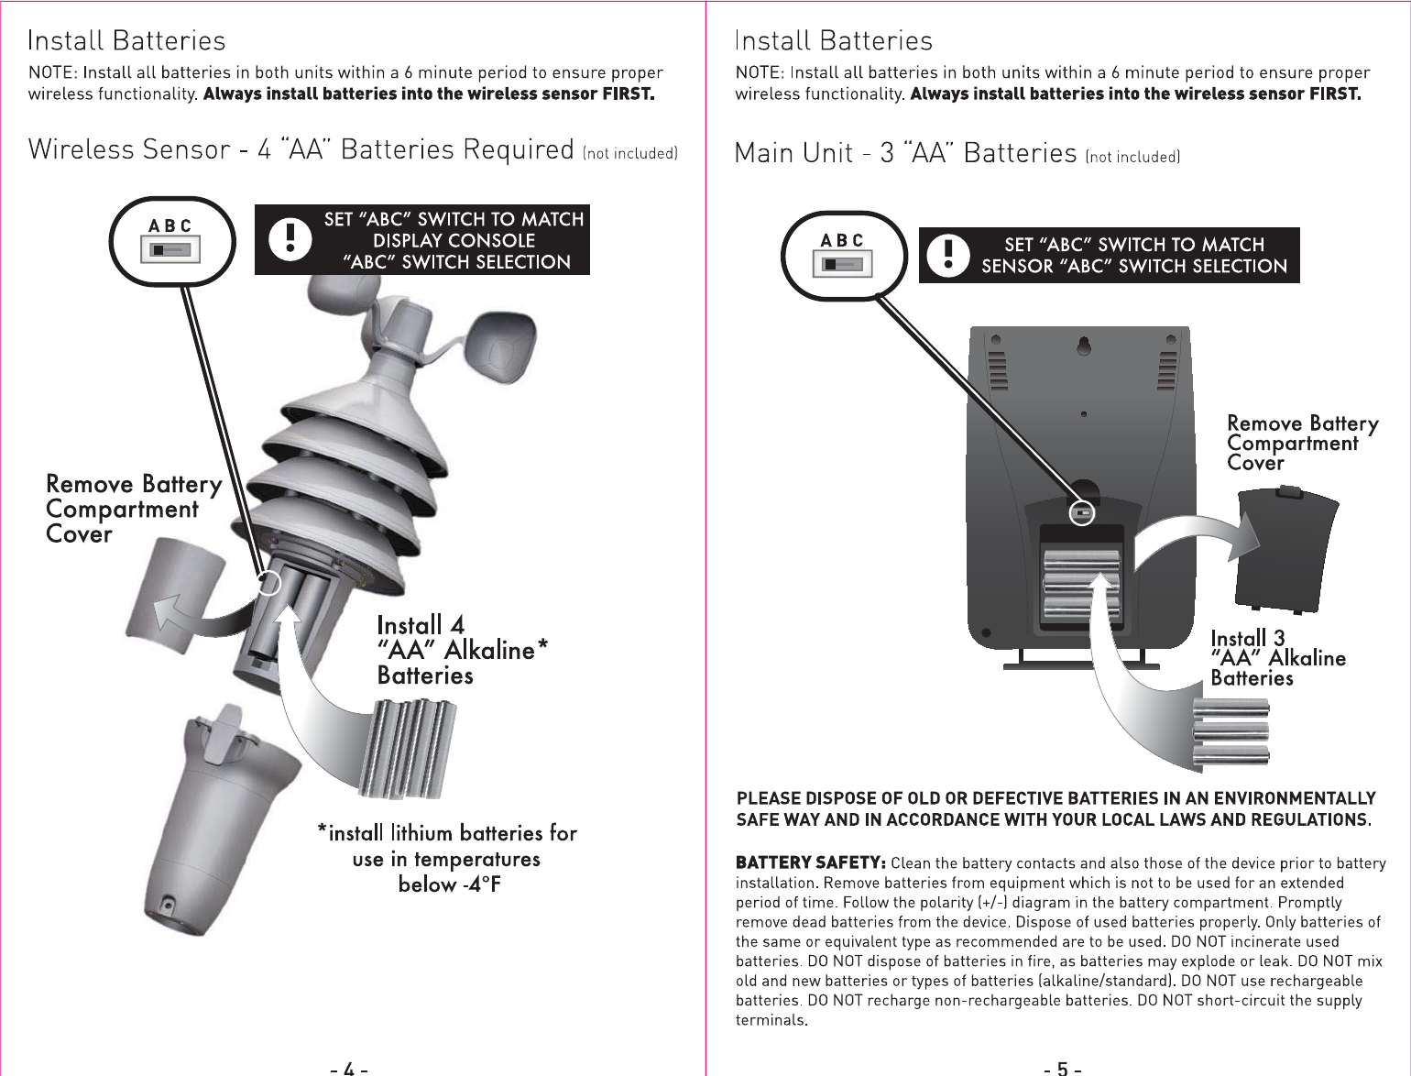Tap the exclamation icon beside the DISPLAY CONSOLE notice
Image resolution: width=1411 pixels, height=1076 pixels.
(290, 239)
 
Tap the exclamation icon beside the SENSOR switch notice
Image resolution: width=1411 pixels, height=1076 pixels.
(948, 255)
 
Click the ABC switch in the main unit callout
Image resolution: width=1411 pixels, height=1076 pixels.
(843, 264)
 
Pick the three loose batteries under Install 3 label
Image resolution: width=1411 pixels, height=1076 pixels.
(1231, 731)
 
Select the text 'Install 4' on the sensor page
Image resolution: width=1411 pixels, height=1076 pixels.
(421, 625)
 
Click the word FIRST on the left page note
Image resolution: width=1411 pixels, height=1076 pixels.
(628, 93)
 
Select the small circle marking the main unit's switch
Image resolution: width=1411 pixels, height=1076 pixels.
(1082, 513)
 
